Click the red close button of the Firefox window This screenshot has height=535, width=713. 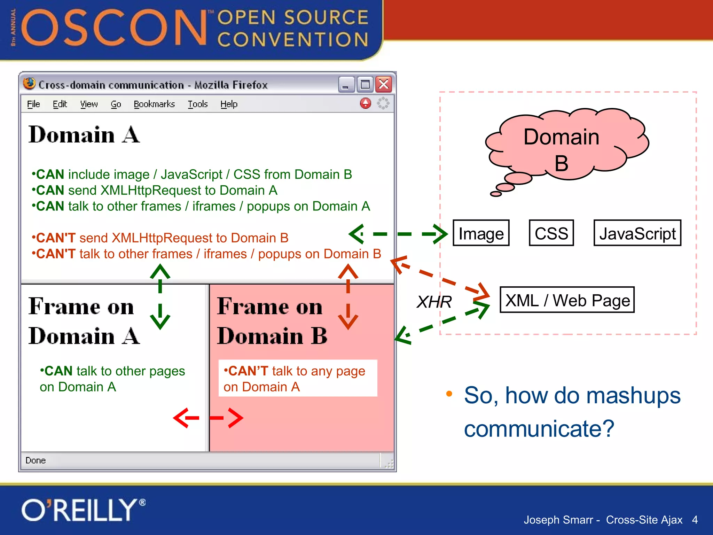coord(384,84)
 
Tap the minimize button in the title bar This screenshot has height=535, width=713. coord(346,84)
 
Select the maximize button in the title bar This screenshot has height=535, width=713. coord(365,84)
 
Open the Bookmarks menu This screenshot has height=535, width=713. coord(154,104)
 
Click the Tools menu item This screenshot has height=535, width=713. coord(198,104)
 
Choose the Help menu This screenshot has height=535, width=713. coord(229,104)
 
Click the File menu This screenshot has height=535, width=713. coord(33,104)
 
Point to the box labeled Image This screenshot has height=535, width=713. coord(481,233)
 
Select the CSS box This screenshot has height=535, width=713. coord(551,233)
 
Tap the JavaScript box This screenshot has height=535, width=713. coord(637,233)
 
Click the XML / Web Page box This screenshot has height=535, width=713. coord(567,300)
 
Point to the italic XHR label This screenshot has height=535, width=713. coord(434,302)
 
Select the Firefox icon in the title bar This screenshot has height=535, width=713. coord(29,84)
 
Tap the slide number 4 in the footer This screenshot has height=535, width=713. coord(695,520)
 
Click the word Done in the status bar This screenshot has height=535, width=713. coord(36,460)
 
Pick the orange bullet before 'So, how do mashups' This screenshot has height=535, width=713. coord(449,394)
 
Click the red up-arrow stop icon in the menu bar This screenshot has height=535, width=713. coord(366,103)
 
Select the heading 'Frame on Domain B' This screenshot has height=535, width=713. coord(272,320)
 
